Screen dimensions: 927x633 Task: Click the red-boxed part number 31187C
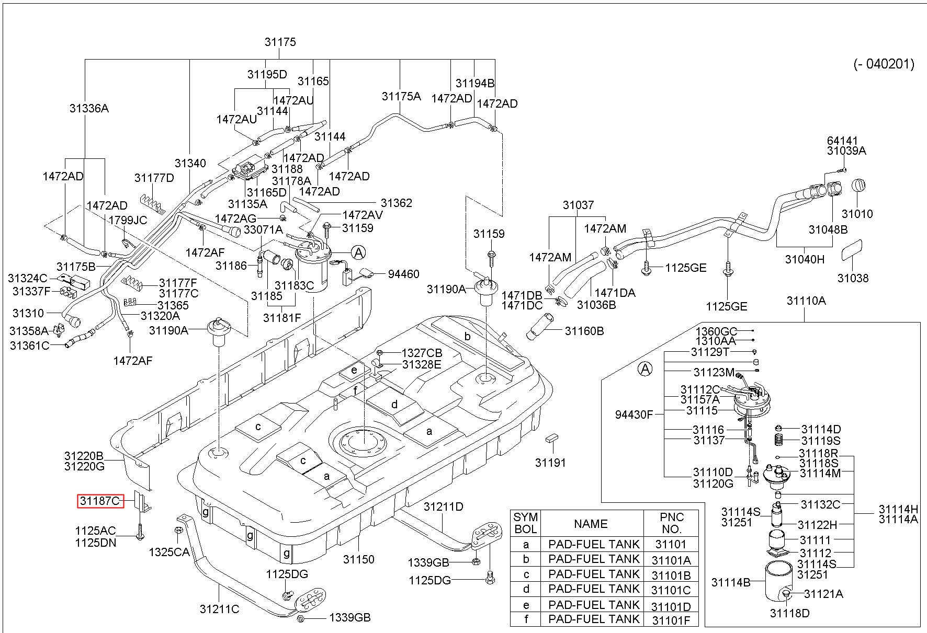(100, 501)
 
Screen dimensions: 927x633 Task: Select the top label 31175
(280, 42)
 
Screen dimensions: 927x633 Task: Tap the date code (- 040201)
(884, 64)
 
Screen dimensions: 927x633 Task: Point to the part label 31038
(853, 278)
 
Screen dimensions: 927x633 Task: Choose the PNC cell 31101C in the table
(671, 590)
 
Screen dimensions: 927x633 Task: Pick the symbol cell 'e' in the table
(526, 605)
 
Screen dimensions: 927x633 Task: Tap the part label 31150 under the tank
(359, 559)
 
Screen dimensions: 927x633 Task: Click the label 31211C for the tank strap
(219, 609)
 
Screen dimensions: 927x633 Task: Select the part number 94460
(403, 274)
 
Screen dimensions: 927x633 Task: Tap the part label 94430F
(634, 415)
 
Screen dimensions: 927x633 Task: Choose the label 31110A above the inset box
(806, 301)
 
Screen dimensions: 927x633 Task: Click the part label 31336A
(89, 108)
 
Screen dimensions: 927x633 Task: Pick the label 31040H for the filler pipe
(805, 259)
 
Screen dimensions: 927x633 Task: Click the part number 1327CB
(422, 353)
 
